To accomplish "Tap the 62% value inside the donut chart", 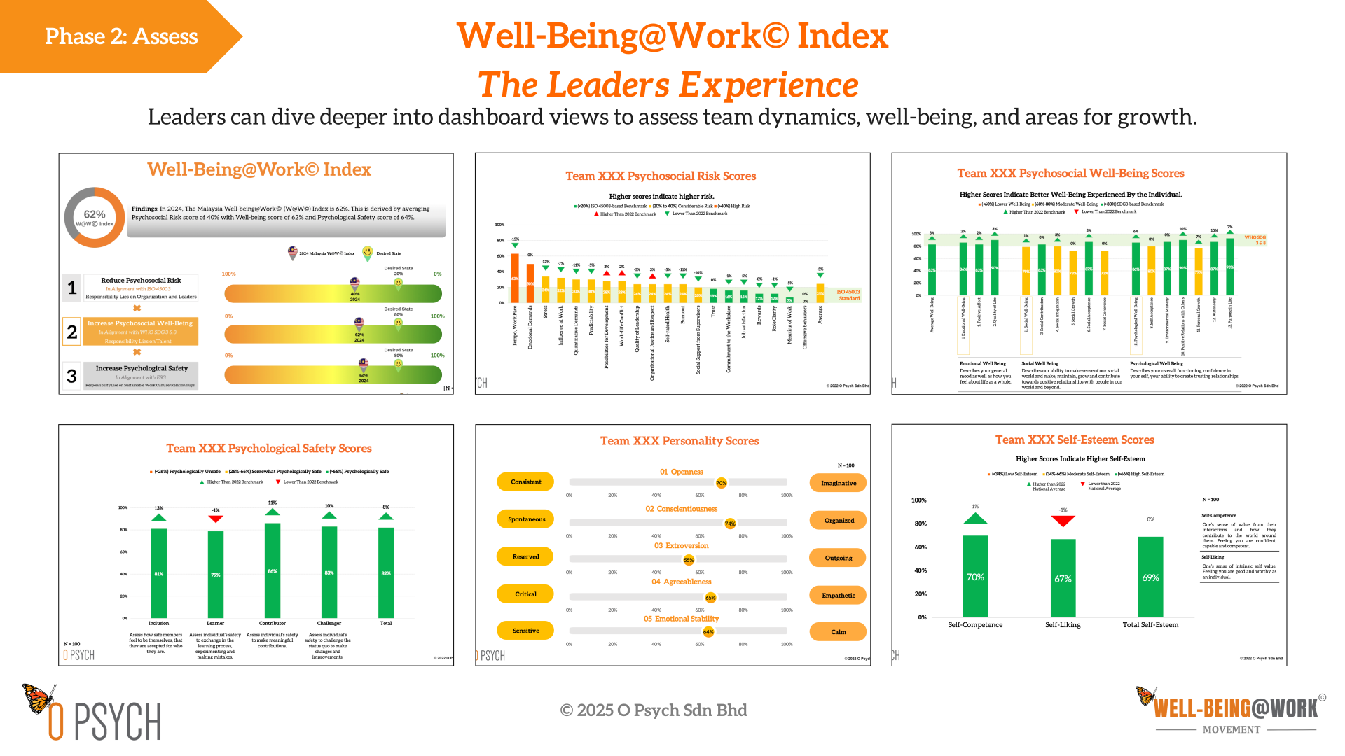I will [x=95, y=214].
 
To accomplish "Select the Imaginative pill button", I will [x=838, y=483].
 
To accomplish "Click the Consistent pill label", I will [x=525, y=482].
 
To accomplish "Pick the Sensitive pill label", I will [x=525, y=631].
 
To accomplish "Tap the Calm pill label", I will [x=838, y=631].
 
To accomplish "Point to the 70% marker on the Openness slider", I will [x=721, y=483].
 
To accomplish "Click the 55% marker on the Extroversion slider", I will [x=689, y=560].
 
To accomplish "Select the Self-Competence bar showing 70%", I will [x=975, y=576].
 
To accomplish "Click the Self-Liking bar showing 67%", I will [x=1063, y=578].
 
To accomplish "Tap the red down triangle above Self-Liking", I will [x=1063, y=521].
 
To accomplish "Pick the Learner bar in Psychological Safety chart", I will [x=216, y=574].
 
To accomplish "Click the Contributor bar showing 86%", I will [x=273, y=570].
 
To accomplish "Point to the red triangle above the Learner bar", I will [x=216, y=519].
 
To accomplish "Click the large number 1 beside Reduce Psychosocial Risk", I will [x=72, y=288].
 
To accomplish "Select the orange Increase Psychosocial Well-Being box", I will [x=140, y=331].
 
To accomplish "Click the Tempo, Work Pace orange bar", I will [x=515, y=278].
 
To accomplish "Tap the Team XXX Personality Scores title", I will [x=680, y=441].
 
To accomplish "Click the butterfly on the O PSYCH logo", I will [x=38, y=698].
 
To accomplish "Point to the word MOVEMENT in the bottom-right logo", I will [x=1231, y=729].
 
